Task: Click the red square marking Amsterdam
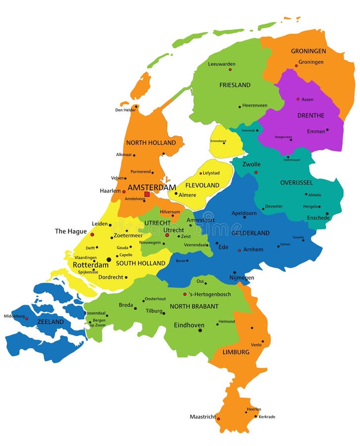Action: point(147,194)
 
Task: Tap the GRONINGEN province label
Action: point(308,51)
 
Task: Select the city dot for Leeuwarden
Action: point(221,70)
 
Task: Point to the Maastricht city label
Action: point(203,417)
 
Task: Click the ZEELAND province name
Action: point(51,322)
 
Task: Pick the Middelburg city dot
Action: point(27,319)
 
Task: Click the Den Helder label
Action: point(125,110)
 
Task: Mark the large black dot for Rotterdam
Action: point(109,259)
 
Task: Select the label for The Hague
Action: point(70,231)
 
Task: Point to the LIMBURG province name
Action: point(236,352)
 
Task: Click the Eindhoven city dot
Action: point(200,330)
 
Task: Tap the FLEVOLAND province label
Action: point(202,185)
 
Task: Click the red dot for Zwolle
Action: point(256,172)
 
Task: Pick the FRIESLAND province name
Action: point(235,85)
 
